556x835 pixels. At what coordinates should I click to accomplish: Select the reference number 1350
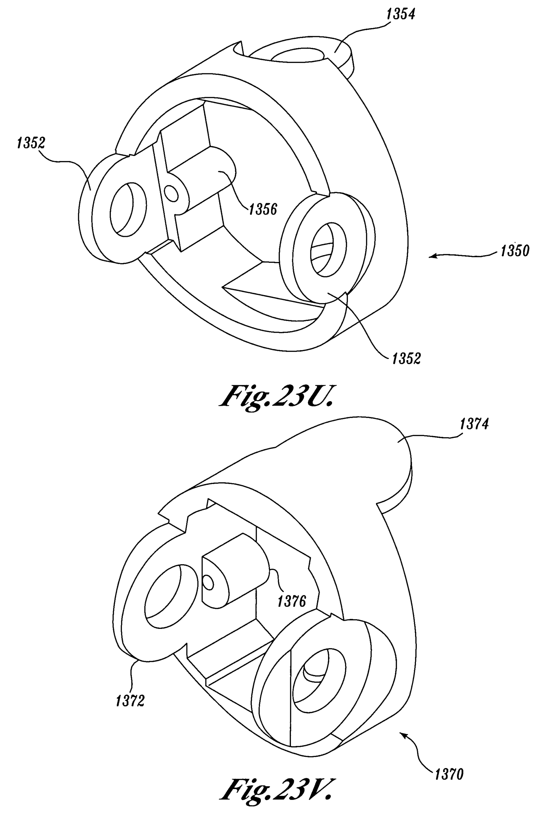click(515, 251)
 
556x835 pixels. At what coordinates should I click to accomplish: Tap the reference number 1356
click(263, 209)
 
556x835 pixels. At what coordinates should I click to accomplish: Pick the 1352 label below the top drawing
click(406, 358)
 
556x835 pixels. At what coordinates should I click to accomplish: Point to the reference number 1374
click(474, 424)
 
